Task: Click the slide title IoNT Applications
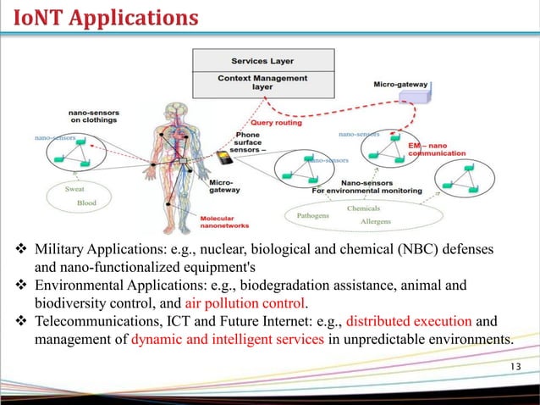click(101, 17)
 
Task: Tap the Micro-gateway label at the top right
click(400, 85)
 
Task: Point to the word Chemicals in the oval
click(363, 208)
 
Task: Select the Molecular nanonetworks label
click(223, 223)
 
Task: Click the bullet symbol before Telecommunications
click(21, 322)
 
